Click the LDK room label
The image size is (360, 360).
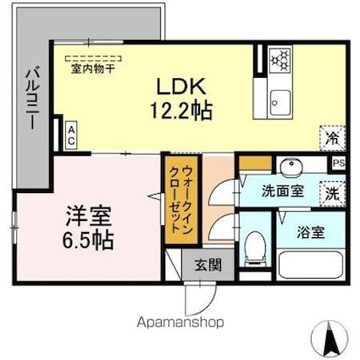pos(180,86)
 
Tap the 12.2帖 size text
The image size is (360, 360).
pos(181,110)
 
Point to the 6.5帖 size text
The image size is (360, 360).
pos(88,241)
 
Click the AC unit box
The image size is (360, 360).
pos(71,136)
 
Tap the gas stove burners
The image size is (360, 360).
pos(280,60)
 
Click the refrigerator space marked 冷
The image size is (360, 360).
pos(333,138)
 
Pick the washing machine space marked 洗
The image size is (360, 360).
pos(332,194)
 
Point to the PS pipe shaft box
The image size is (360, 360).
pos(339,163)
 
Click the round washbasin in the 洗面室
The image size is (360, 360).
pos(291,168)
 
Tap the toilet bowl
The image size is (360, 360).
pos(255,248)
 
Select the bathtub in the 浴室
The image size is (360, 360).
pos(311,265)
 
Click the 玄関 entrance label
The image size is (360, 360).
pos(208,265)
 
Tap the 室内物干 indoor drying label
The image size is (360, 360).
pos(93,69)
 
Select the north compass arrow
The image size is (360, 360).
pos(329,336)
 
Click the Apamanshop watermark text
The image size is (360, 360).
pos(180,323)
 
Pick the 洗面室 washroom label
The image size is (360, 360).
pos(282,192)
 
